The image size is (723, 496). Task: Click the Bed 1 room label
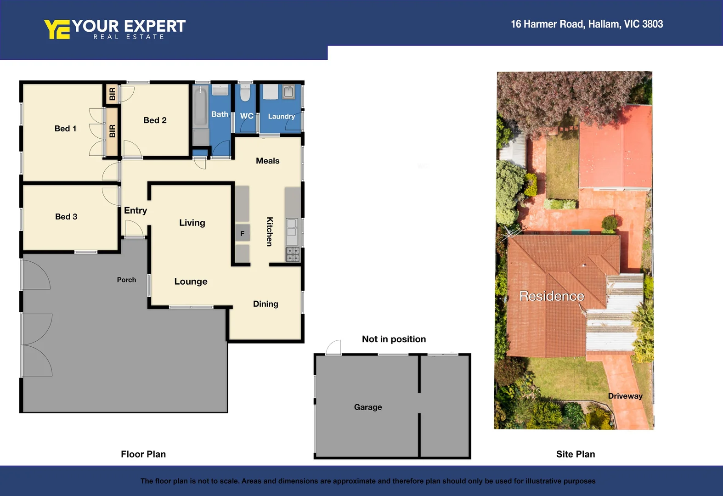pos(65,129)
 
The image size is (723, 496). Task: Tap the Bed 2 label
pos(155,120)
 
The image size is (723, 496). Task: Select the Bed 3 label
pos(66,217)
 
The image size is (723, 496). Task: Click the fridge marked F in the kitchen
pos(242,233)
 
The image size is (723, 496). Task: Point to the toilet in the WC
pos(246,93)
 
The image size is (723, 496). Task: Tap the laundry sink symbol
pos(288,92)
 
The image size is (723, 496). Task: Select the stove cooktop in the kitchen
pos(293,254)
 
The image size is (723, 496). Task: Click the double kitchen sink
pos(292,231)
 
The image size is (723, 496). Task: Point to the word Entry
pos(136,210)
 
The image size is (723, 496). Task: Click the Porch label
pos(126,280)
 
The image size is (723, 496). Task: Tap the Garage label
pos(368,407)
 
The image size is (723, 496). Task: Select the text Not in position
pos(394,339)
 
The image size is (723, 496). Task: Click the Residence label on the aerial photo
pos(552,296)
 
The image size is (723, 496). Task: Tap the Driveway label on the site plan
pos(625,396)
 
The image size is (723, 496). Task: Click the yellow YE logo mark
pos(57,29)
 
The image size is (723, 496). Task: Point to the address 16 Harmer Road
pos(587,24)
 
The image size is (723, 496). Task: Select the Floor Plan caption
pos(143,454)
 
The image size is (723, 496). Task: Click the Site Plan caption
pos(575,454)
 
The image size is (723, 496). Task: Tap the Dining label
pos(265,304)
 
